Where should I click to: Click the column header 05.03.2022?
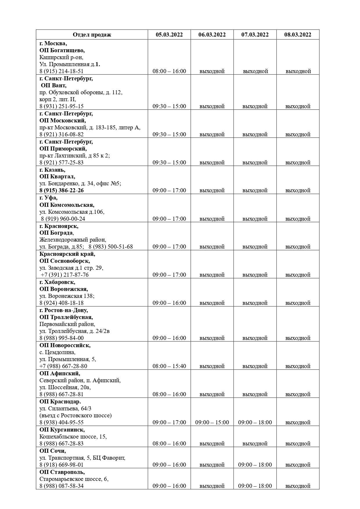pos(169,35)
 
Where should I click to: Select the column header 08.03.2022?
pos(298,35)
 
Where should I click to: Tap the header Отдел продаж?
pos(92,35)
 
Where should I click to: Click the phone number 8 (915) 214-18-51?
pos(61,71)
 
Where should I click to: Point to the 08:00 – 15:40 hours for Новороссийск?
pos(169,366)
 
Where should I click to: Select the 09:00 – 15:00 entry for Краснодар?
pos(212,423)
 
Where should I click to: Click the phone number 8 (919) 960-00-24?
pos(63,219)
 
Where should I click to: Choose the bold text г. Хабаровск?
pos(57,282)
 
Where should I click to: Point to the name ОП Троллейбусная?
pos(66,317)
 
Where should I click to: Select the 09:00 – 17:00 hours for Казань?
pos(169,191)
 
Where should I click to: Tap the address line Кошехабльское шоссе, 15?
pos(73,437)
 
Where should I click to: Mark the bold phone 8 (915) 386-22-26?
pos(61,191)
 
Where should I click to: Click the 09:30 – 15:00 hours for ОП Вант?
pos(169,106)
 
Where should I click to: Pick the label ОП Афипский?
pos(60,374)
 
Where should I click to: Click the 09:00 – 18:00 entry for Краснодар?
pos(255,423)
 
